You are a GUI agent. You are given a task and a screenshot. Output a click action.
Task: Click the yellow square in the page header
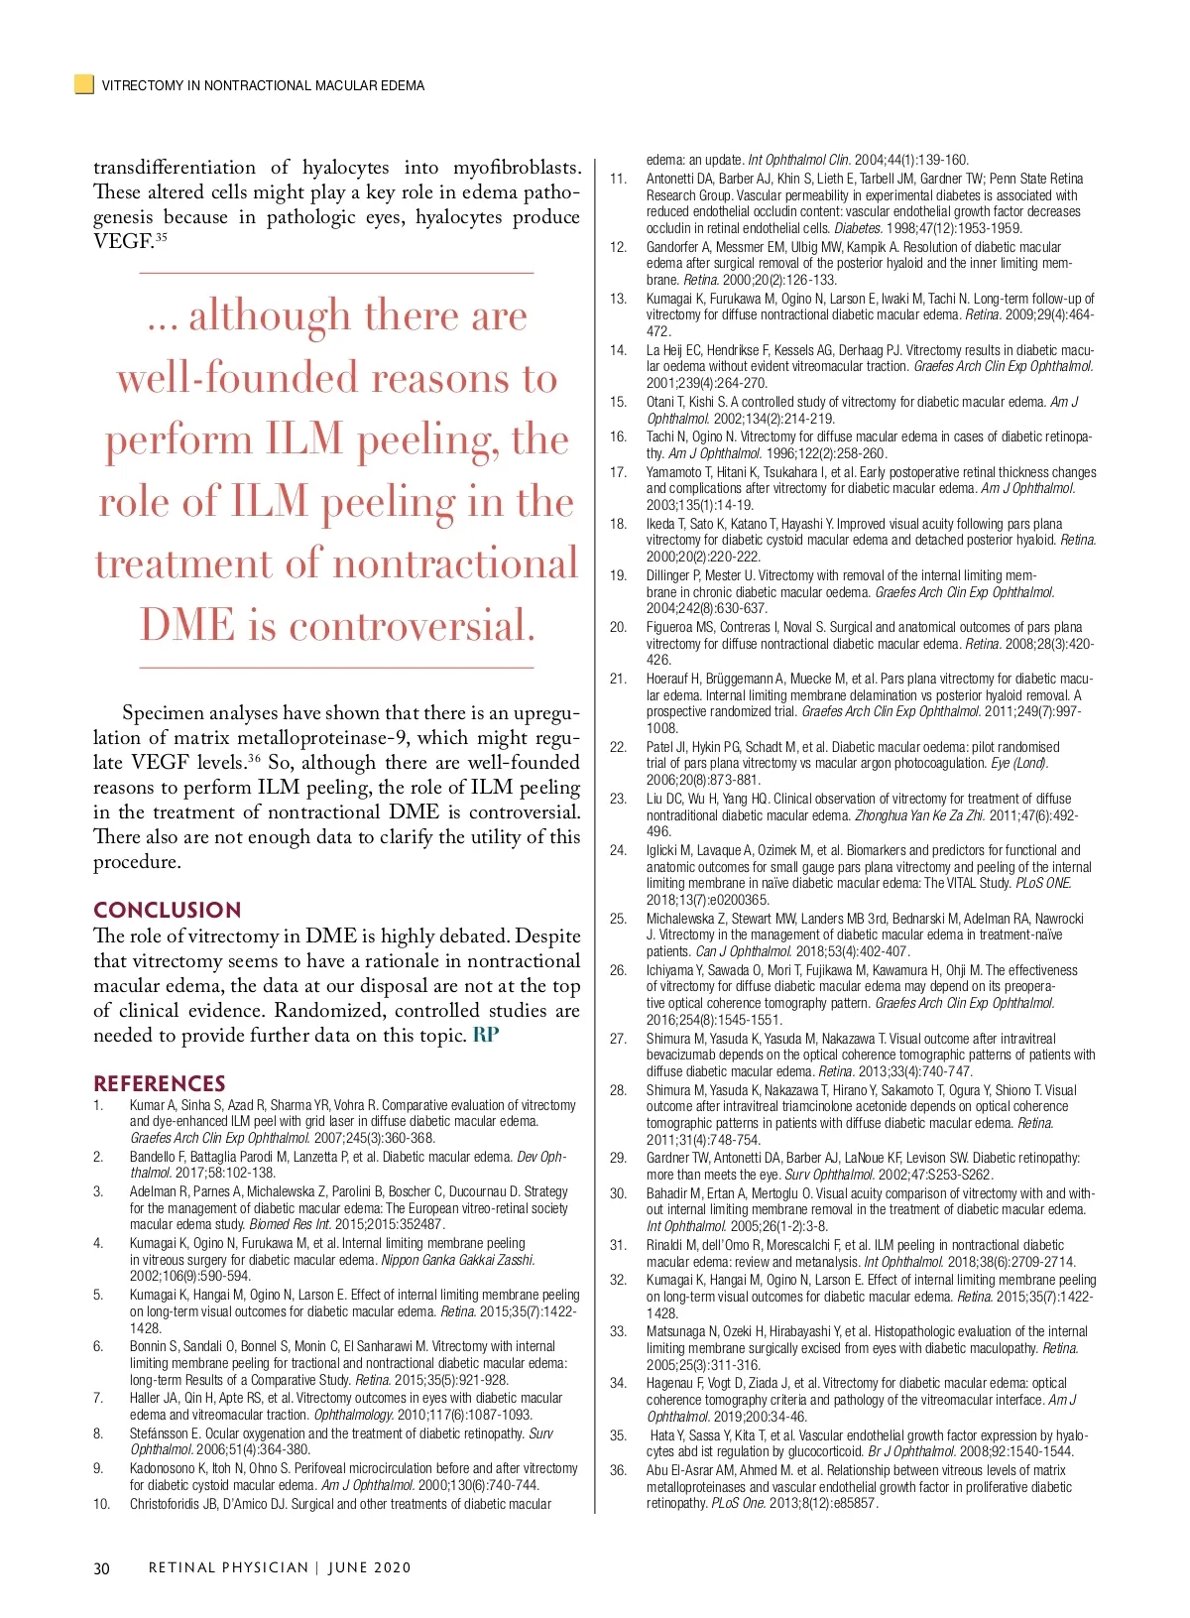coord(84,84)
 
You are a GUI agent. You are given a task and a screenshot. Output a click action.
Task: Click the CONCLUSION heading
coord(167,910)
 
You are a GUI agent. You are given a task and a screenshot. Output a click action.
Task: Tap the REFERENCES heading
coord(159,1083)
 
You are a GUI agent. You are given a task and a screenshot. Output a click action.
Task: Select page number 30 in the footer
coord(101,1568)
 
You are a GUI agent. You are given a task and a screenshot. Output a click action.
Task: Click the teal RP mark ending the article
coord(486,1035)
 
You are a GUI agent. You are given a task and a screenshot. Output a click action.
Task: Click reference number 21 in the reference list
coord(618,680)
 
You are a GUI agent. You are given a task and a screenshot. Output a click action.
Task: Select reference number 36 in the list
coord(618,1470)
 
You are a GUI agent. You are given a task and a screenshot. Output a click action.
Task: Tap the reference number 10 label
coord(101,1504)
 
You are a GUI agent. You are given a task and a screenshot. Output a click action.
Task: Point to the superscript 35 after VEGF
coord(161,237)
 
